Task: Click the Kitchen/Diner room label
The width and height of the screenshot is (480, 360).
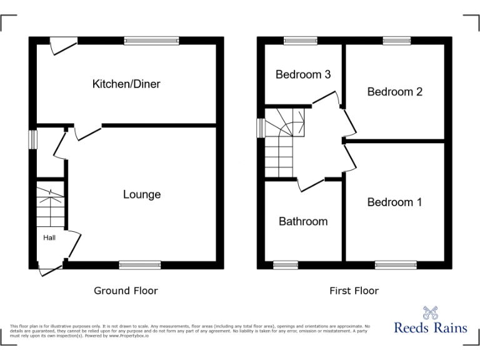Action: click(x=126, y=84)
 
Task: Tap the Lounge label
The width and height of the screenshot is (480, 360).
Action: click(x=142, y=194)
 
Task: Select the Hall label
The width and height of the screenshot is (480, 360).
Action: click(x=49, y=237)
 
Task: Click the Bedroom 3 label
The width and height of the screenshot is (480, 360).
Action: click(x=303, y=74)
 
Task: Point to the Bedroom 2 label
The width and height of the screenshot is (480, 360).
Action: click(x=395, y=92)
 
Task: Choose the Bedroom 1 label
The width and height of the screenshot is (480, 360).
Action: click(x=394, y=202)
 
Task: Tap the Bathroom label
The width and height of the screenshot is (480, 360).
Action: click(x=303, y=221)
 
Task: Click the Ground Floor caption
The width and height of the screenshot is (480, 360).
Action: click(x=126, y=291)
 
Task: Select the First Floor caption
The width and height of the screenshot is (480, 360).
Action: click(x=354, y=291)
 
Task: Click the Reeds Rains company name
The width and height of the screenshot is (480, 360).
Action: click(x=430, y=327)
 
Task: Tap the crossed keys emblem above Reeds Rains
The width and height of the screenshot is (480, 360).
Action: click(x=430, y=311)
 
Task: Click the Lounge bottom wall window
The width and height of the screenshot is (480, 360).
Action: click(x=139, y=265)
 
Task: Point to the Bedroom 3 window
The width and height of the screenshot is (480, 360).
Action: click(x=300, y=41)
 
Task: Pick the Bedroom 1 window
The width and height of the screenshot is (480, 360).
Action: click(x=396, y=265)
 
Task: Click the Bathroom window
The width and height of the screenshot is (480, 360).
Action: click(x=286, y=265)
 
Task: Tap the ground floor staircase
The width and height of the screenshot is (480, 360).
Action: click(x=49, y=206)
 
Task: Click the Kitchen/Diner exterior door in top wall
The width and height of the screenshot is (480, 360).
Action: click(x=62, y=44)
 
